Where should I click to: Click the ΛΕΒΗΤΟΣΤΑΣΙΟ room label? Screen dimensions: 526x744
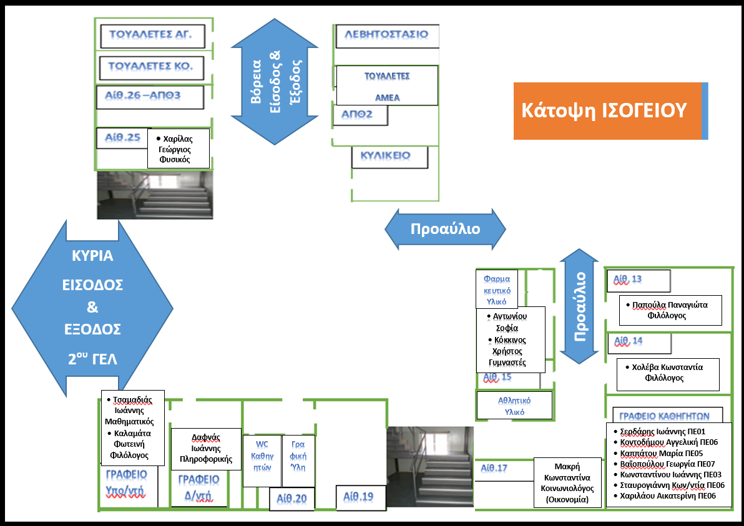click(386, 34)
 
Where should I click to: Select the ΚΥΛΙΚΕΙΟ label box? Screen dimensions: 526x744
click(390, 157)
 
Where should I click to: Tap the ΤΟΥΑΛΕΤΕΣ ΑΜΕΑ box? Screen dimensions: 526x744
click(386, 86)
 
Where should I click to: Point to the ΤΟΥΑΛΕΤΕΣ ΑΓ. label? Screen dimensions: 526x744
click(153, 35)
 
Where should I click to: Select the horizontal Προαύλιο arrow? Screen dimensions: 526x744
click(445, 229)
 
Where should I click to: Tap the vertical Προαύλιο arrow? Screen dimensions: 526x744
click(580, 306)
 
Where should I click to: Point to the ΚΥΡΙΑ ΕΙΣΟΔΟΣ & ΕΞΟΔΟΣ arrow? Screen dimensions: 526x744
click(92, 308)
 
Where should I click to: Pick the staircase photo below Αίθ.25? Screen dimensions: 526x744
click(154, 194)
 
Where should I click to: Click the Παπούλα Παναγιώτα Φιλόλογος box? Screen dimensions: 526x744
click(670, 310)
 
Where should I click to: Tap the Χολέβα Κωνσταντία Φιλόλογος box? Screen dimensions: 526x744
click(667, 373)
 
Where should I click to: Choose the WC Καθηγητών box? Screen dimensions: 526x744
click(262, 460)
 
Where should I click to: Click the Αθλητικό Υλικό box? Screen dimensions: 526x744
click(514, 405)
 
